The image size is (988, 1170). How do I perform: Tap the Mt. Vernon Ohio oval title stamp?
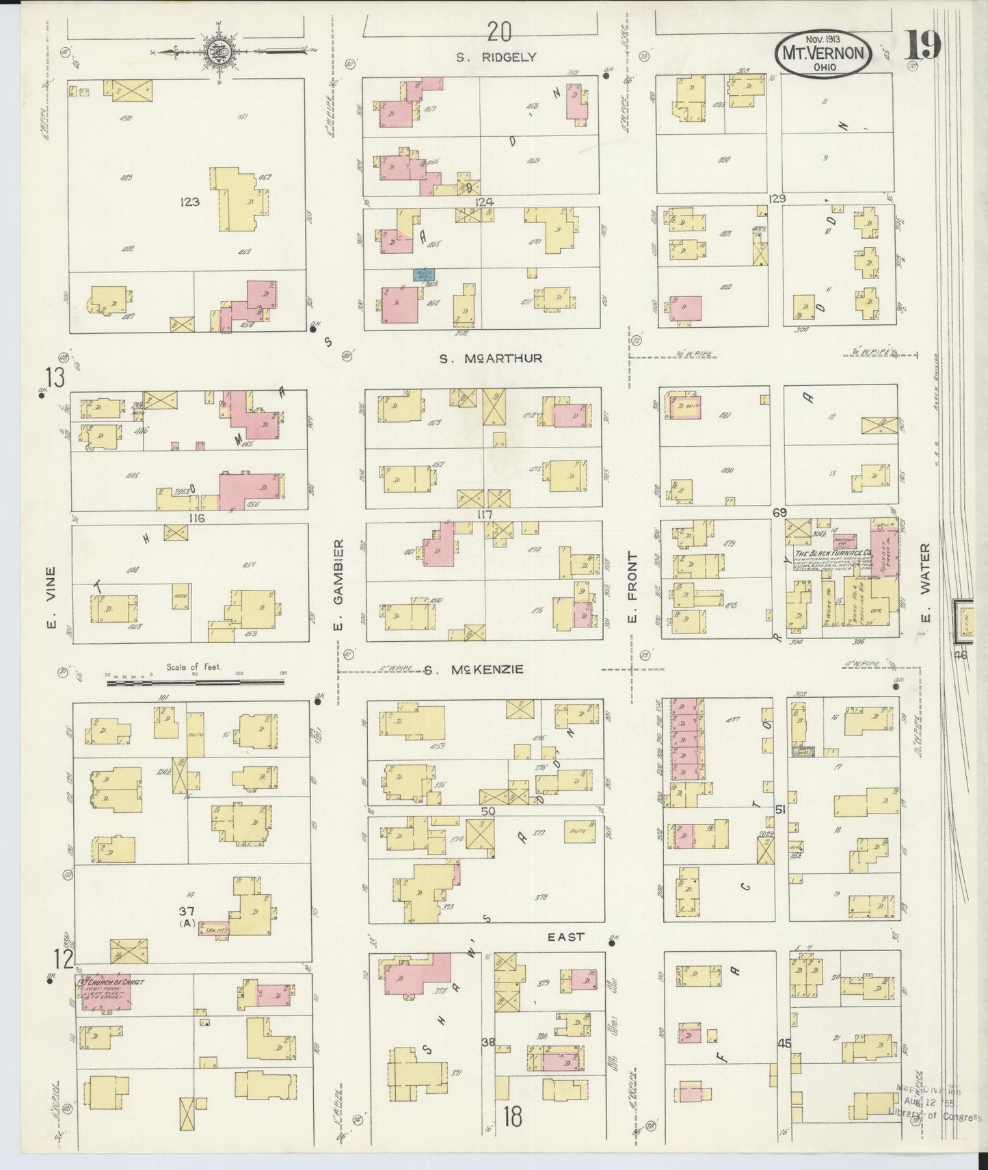point(823,53)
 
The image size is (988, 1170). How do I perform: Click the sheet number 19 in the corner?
point(923,46)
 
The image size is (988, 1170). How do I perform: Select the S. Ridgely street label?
point(496,57)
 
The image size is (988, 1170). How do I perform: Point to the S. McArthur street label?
point(490,358)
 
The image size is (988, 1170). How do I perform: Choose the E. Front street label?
point(632,587)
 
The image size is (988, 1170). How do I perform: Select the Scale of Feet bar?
point(195,680)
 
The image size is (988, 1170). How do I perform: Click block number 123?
point(189,202)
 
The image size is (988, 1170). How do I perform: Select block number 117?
point(485,515)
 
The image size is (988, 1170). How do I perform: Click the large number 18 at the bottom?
point(511,1117)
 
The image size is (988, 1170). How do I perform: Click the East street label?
point(566,937)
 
